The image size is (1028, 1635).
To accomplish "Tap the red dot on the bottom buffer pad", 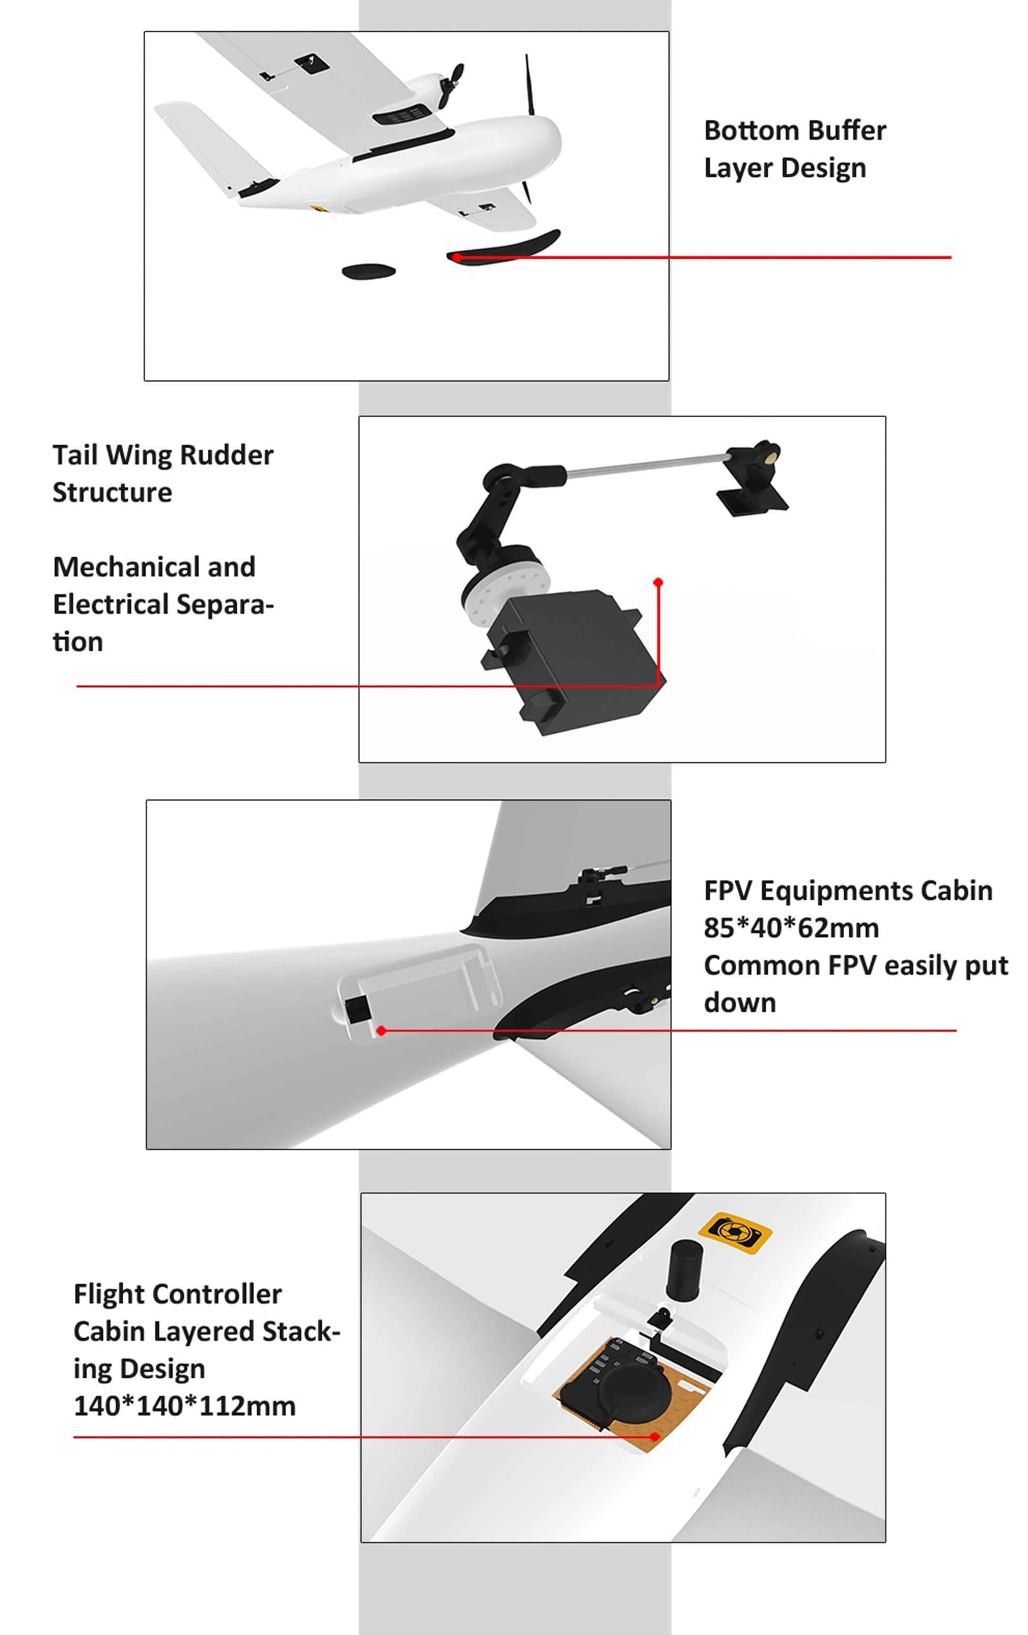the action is point(457,257).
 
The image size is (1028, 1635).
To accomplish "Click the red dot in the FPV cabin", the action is point(382,1031).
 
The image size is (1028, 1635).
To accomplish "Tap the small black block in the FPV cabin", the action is point(358,1009).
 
